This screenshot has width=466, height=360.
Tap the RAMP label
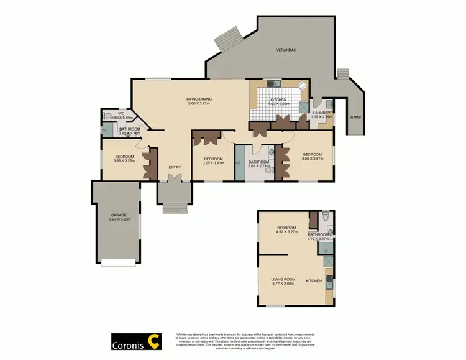(x=355, y=117)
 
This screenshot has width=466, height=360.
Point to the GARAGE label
(x=119, y=215)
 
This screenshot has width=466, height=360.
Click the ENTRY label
(x=175, y=167)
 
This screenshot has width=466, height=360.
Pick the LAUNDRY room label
(x=321, y=113)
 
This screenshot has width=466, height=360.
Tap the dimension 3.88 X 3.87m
(x=313, y=159)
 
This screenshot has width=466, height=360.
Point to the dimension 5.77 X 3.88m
(x=282, y=284)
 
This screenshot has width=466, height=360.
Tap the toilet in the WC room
(x=108, y=116)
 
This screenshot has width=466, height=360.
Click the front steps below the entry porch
(x=175, y=208)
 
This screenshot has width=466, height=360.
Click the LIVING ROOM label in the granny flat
(x=282, y=279)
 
